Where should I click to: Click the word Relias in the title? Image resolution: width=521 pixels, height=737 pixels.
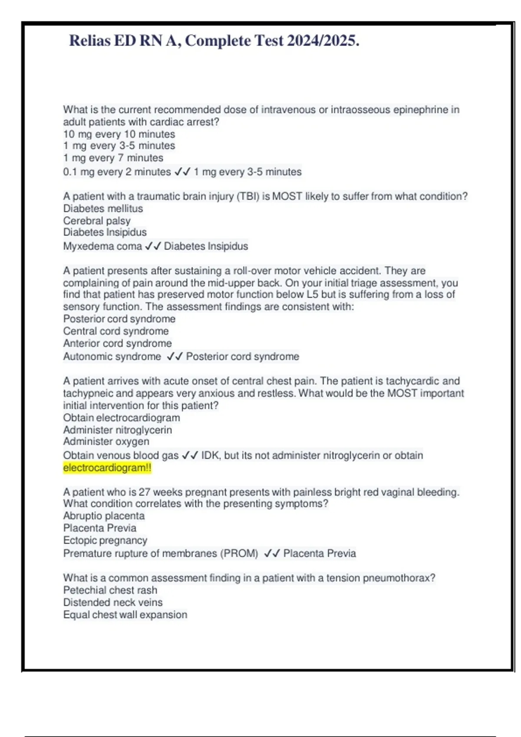[x=90, y=41]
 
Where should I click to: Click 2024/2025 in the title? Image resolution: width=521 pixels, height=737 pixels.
[x=323, y=41]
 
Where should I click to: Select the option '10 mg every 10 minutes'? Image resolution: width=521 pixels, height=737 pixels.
[x=119, y=134]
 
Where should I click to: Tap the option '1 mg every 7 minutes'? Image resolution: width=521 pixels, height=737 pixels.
[x=113, y=158]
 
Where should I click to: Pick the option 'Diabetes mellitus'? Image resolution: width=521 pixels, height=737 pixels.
[x=103, y=209]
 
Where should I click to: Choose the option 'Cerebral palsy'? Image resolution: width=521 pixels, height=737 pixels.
[x=96, y=221]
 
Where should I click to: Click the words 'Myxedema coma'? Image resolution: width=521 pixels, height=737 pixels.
[x=102, y=246]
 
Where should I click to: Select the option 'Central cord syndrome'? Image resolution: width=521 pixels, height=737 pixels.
[x=116, y=331]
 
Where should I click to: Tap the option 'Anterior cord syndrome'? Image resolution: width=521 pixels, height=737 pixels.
[x=117, y=343]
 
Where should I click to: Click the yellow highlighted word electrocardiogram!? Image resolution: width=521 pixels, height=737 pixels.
[x=107, y=468]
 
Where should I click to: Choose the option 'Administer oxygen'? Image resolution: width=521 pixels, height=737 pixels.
[x=106, y=442]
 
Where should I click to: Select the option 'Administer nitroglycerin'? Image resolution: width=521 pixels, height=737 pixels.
[x=117, y=430]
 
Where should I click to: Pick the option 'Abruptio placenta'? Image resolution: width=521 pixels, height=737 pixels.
[x=104, y=516]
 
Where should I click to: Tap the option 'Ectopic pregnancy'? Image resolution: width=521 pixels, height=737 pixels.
[x=105, y=541]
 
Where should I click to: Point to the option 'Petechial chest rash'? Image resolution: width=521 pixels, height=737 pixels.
[x=110, y=590]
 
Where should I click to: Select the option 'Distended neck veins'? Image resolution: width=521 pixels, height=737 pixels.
[x=113, y=603]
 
